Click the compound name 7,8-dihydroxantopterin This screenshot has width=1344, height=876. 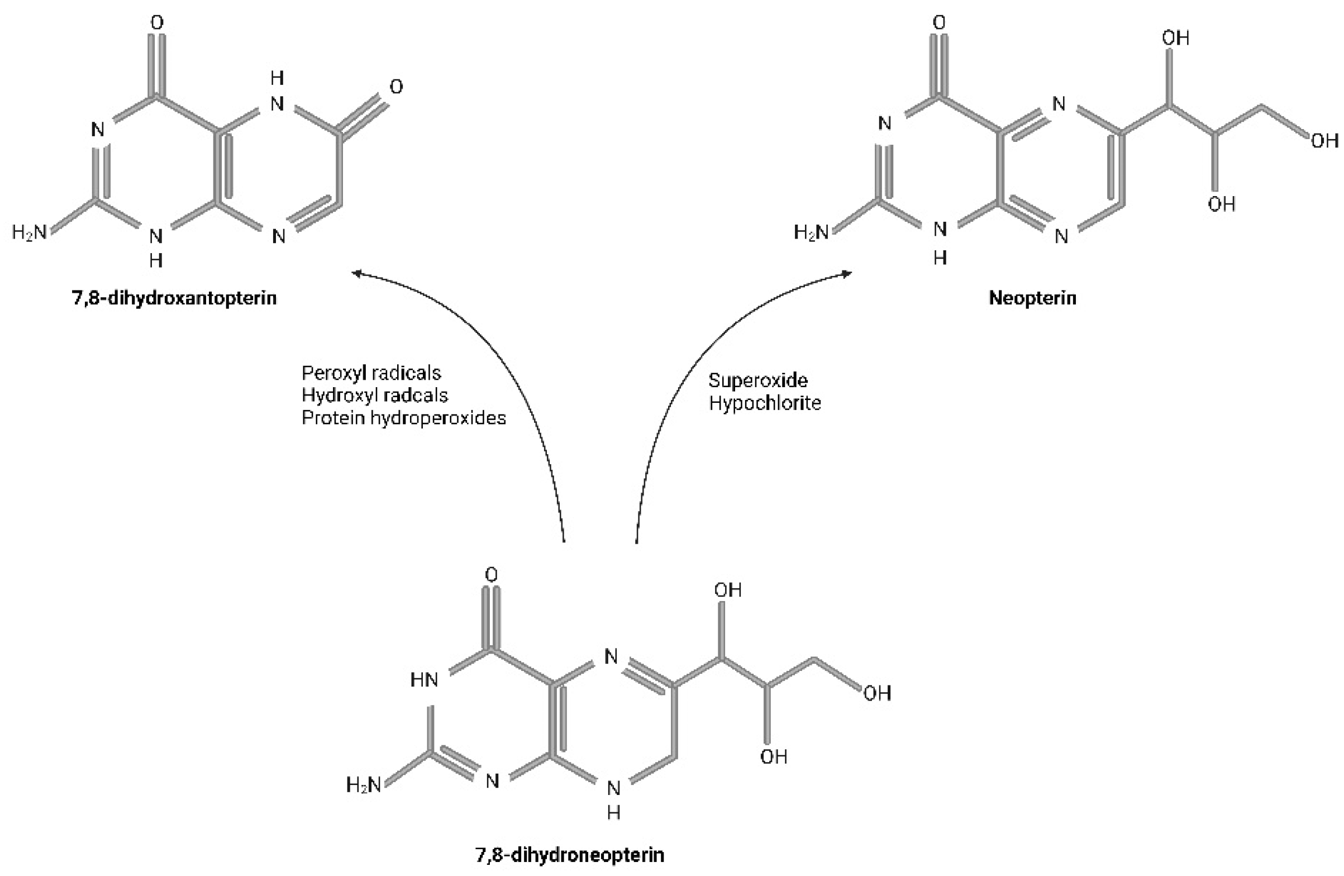pyautogui.click(x=174, y=298)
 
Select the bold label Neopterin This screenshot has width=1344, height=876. pyautogui.click(x=1032, y=298)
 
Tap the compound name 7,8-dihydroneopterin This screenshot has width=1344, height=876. pyautogui.click(x=570, y=855)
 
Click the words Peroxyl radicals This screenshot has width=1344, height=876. pyautogui.click(x=371, y=373)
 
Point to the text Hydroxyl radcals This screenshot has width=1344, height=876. pyautogui.click(x=374, y=396)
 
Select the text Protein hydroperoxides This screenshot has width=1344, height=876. pyautogui.click(x=403, y=418)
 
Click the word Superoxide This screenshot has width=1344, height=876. pyautogui.click(x=758, y=380)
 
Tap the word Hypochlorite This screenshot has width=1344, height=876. pyautogui.click(x=765, y=403)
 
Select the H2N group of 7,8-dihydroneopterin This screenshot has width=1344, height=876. pyautogui.click(x=364, y=784)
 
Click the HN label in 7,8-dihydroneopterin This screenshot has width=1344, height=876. pyautogui.click(x=424, y=680)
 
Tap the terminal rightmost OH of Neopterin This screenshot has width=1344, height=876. pyautogui.click(x=1324, y=141)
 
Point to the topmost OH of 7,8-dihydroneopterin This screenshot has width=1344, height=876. pyautogui.click(x=728, y=590)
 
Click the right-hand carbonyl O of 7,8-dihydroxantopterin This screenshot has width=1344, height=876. pyautogui.click(x=397, y=87)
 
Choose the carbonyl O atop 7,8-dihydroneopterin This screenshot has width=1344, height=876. pyautogui.click(x=492, y=575)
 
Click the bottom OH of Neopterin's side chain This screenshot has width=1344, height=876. pyautogui.click(x=1222, y=204)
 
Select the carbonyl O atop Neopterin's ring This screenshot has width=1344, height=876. pyautogui.click(x=939, y=23)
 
